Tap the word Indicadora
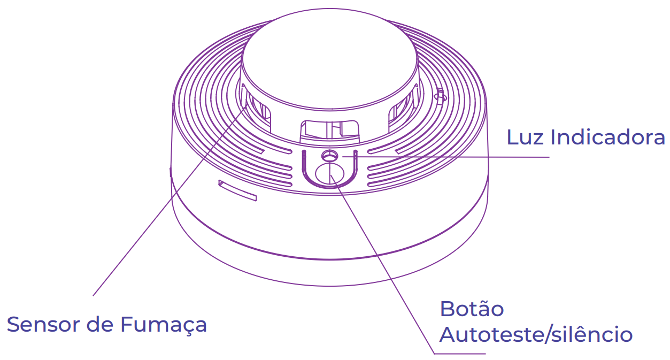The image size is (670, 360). pyautogui.click(x=608, y=137)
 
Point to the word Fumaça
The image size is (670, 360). pyautogui.click(x=163, y=325)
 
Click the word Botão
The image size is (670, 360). pyautogui.click(x=472, y=309)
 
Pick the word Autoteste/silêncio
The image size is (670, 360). pyautogui.click(x=536, y=335)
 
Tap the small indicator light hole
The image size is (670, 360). pyautogui.click(x=328, y=156)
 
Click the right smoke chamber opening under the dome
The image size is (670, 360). pyautogui.click(x=402, y=110)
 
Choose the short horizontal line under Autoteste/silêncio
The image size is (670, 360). pyautogui.click(x=460, y=354)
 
